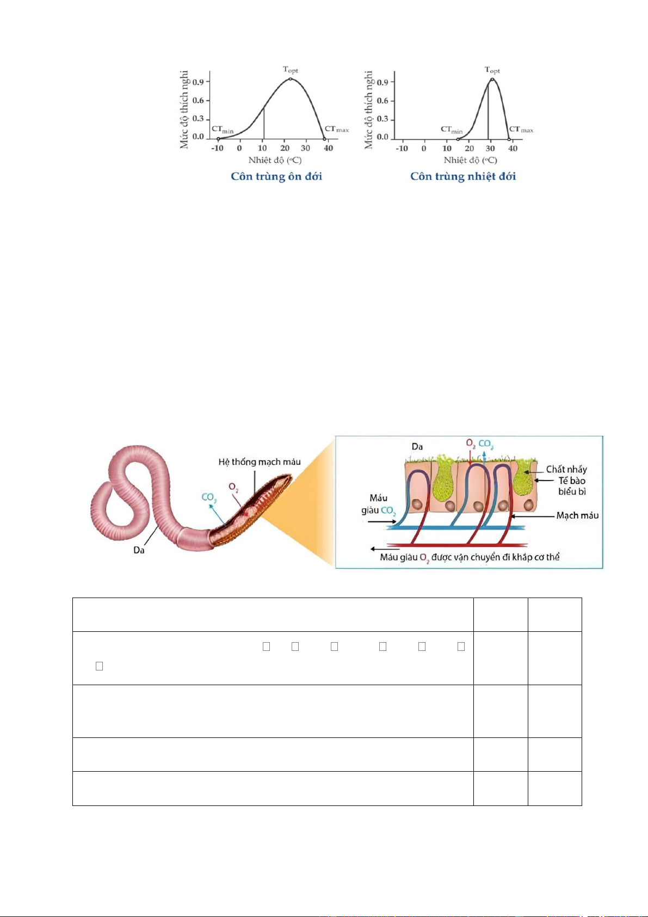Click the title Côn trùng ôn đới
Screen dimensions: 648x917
pyautogui.click(x=276, y=176)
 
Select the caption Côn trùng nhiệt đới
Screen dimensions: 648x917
pyautogui.click(x=463, y=176)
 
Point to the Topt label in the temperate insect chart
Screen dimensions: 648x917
pyautogui.click(x=291, y=70)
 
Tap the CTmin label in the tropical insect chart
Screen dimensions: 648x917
pyautogui.click(x=452, y=130)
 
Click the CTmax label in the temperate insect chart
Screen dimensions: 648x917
pyautogui.click(x=337, y=130)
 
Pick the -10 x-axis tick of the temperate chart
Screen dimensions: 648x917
pyautogui.click(x=218, y=148)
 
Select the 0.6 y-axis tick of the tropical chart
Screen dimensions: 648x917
pyautogui.click(x=382, y=101)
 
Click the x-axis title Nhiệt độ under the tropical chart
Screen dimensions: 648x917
pyautogui.click(x=470, y=160)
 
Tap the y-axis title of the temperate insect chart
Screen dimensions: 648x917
pyautogui.click(x=184, y=109)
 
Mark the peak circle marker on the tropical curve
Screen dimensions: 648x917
pyautogui.click(x=492, y=79)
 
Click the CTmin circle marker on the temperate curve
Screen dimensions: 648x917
pyautogui.click(x=218, y=139)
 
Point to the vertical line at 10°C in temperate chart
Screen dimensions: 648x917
pyautogui.click(x=264, y=123)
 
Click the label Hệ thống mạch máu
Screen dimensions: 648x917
pyautogui.click(x=260, y=462)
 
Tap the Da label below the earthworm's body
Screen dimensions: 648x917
pyautogui.click(x=139, y=550)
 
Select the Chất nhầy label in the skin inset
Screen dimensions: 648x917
pyautogui.click(x=566, y=470)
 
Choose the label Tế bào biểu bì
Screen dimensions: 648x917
pyautogui.click(x=572, y=486)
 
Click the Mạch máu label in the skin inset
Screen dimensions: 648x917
pyautogui.click(x=577, y=515)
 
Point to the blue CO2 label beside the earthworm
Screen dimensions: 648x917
pyautogui.click(x=209, y=497)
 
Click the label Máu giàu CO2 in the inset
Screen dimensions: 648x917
pyautogui.click(x=379, y=504)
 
